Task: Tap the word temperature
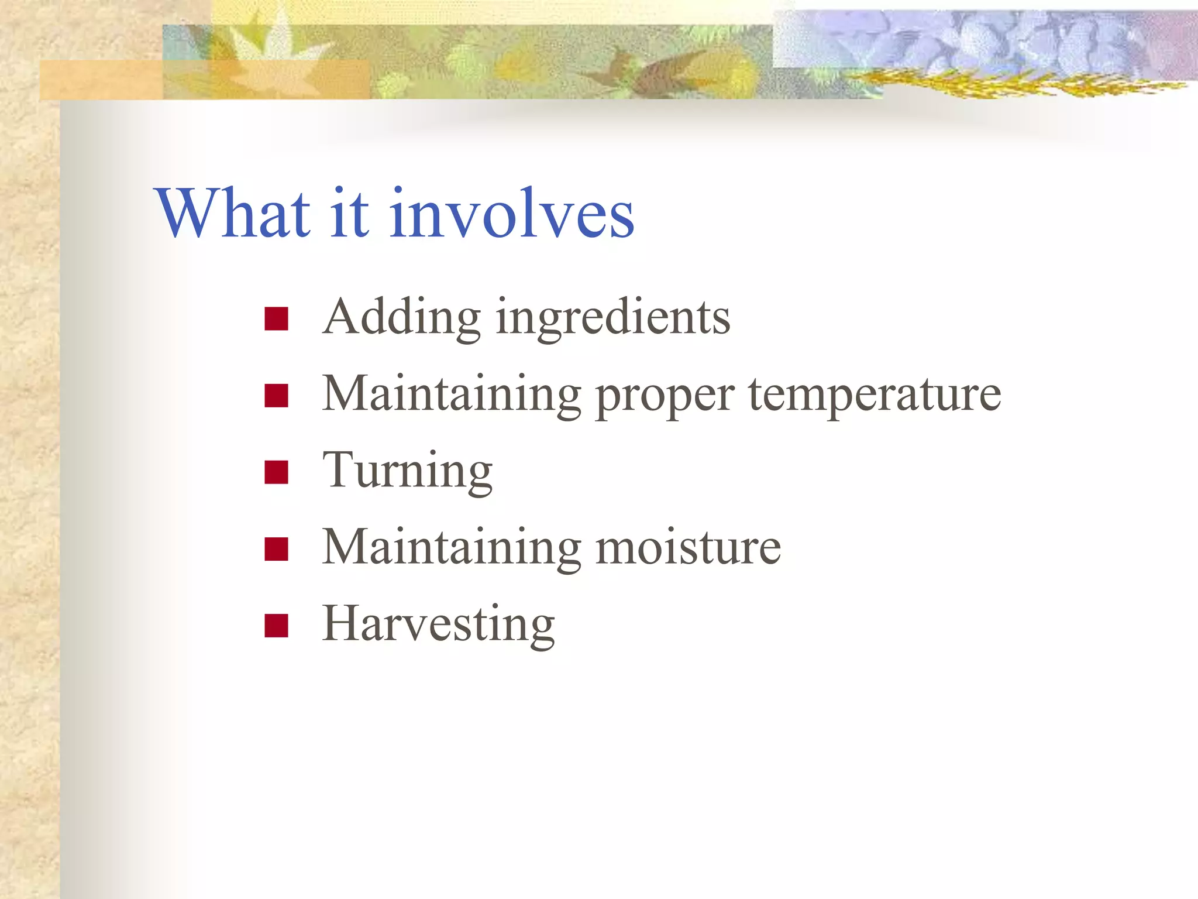click(875, 396)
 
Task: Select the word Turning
click(408, 472)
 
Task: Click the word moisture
click(688, 548)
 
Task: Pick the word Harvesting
click(438, 626)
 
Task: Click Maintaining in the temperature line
click(452, 396)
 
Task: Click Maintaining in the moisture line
click(452, 549)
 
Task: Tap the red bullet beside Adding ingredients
click(276, 320)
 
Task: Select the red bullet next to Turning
click(276, 472)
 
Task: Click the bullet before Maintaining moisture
click(276, 549)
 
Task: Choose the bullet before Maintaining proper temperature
click(276, 396)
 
